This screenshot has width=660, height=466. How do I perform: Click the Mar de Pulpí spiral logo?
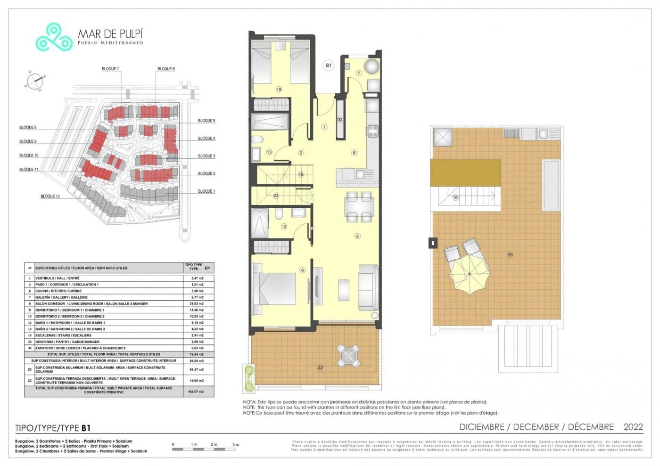(x=54, y=37)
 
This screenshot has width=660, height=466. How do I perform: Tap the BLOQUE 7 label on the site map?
(x=110, y=69)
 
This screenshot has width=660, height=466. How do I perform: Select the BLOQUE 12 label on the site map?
(x=50, y=196)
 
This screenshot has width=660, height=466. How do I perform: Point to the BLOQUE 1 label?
(x=206, y=191)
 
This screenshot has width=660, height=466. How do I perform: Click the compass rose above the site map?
(x=35, y=81)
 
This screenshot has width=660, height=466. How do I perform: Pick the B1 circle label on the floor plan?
(x=329, y=65)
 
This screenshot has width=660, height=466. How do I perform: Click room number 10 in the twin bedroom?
(x=279, y=89)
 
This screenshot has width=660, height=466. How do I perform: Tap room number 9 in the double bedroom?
(x=302, y=270)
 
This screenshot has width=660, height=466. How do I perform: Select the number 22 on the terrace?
(x=320, y=367)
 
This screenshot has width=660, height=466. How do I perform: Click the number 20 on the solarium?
(x=510, y=254)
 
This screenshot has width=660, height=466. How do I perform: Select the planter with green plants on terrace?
(x=248, y=378)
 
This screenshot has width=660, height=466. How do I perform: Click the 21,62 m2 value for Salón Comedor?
(x=198, y=304)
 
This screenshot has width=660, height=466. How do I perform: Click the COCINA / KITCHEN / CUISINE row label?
(x=58, y=291)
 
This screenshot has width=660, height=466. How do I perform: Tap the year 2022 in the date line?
(x=633, y=427)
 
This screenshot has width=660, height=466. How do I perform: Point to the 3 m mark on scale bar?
(x=236, y=444)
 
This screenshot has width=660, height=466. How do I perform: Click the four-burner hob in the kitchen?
(x=372, y=131)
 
